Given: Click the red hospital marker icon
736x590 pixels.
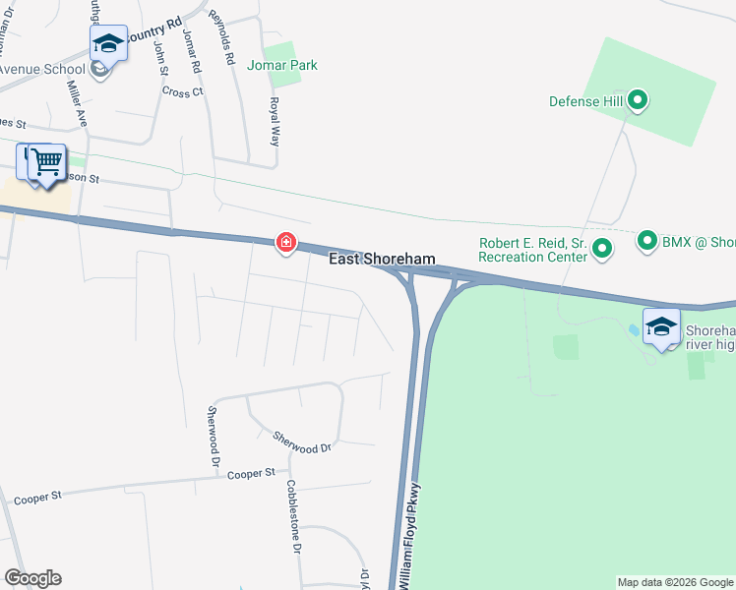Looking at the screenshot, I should coord(285,241).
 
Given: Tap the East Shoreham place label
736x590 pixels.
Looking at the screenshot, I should coord(381,259).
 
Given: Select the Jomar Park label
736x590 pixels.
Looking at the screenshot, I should coord(282,65).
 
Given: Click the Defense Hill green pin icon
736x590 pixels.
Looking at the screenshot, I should coord(637,99).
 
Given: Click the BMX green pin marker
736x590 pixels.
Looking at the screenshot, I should coord(646,240).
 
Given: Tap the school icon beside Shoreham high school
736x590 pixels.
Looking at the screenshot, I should coord(661,326).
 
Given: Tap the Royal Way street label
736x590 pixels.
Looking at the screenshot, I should coord(276,121).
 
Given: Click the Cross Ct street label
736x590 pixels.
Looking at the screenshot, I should coord(182,92).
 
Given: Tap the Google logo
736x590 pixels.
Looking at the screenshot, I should coord(32,578).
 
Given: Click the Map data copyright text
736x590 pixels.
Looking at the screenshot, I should coord(675,582).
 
